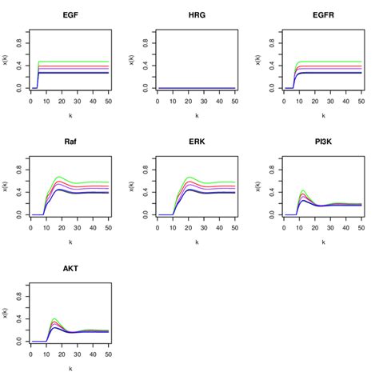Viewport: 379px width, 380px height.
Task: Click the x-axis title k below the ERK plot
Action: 197,242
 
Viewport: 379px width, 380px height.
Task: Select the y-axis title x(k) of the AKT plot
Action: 6,314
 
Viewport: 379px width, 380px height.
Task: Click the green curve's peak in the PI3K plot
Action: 302,190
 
